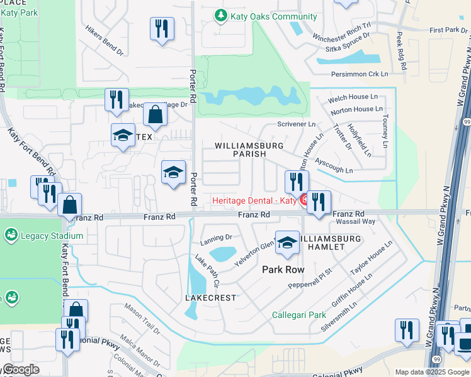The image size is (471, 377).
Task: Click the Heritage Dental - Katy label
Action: [254, 200]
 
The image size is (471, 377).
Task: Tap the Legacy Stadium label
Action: [52, 236]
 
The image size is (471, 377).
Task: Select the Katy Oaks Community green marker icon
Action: [220, 16]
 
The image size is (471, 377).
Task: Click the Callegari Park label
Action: [298, 315]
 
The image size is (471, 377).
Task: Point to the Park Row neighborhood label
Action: [283, 270]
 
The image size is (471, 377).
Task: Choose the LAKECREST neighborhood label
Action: [210, 297]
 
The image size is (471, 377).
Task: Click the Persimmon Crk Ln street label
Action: [360, 74]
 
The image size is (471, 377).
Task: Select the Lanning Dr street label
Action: [217, 238]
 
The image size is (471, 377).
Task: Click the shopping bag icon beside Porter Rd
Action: [155, 116]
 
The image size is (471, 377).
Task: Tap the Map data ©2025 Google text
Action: [431, 372]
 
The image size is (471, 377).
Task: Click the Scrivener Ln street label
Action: [297, 125]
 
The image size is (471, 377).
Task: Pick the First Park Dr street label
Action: [444, 30]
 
